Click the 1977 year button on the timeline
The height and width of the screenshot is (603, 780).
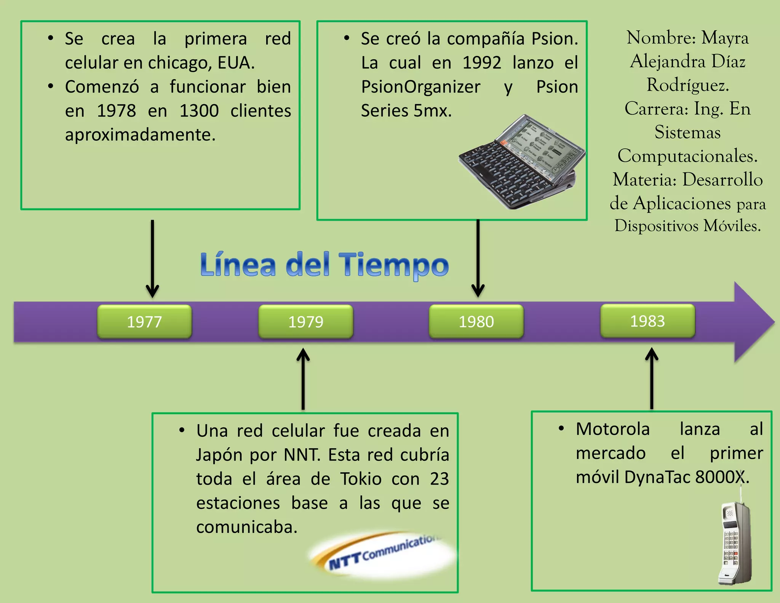click(x=144, y=322)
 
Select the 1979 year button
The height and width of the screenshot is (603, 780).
click(x=306, y=322)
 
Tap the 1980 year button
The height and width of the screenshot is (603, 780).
click(x=476, y=321)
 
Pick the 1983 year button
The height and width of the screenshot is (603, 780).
click(x=647, y=321)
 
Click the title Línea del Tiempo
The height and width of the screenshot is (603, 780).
click(x=324, y=265)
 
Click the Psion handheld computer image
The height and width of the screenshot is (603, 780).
click(x=522, y=162)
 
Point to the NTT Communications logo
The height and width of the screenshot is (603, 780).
click(x=383, y=555)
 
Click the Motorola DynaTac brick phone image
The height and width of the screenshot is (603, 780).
click(x=735, y=543)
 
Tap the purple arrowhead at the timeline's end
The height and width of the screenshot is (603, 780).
click(x=752, y=322)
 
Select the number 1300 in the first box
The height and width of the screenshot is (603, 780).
click(x=199, y=111)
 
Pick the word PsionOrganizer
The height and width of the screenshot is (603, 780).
click(x=420, y=87)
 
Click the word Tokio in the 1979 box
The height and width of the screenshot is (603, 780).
click(x=361, y=479)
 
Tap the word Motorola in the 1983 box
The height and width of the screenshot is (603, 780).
click(x=612, y=429)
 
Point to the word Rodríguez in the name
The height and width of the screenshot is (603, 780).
click(x=687, y=85)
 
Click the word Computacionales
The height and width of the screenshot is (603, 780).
click(x=687, y=156)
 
